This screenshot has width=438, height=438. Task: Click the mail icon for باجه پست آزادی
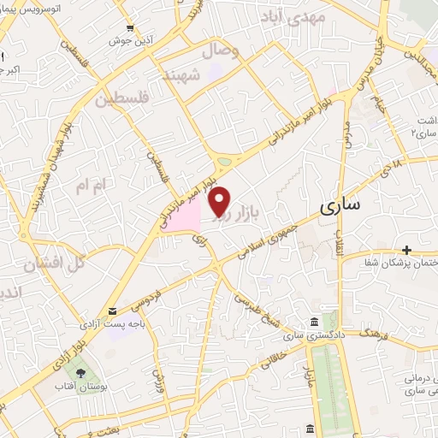pos(112,312)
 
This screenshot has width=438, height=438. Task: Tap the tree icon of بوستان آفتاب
pos(81,373)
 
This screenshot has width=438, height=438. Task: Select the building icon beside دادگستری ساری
pos(314,321)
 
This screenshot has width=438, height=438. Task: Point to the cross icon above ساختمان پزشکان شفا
pos(407,250)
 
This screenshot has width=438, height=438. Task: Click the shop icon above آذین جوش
pos(128,27)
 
